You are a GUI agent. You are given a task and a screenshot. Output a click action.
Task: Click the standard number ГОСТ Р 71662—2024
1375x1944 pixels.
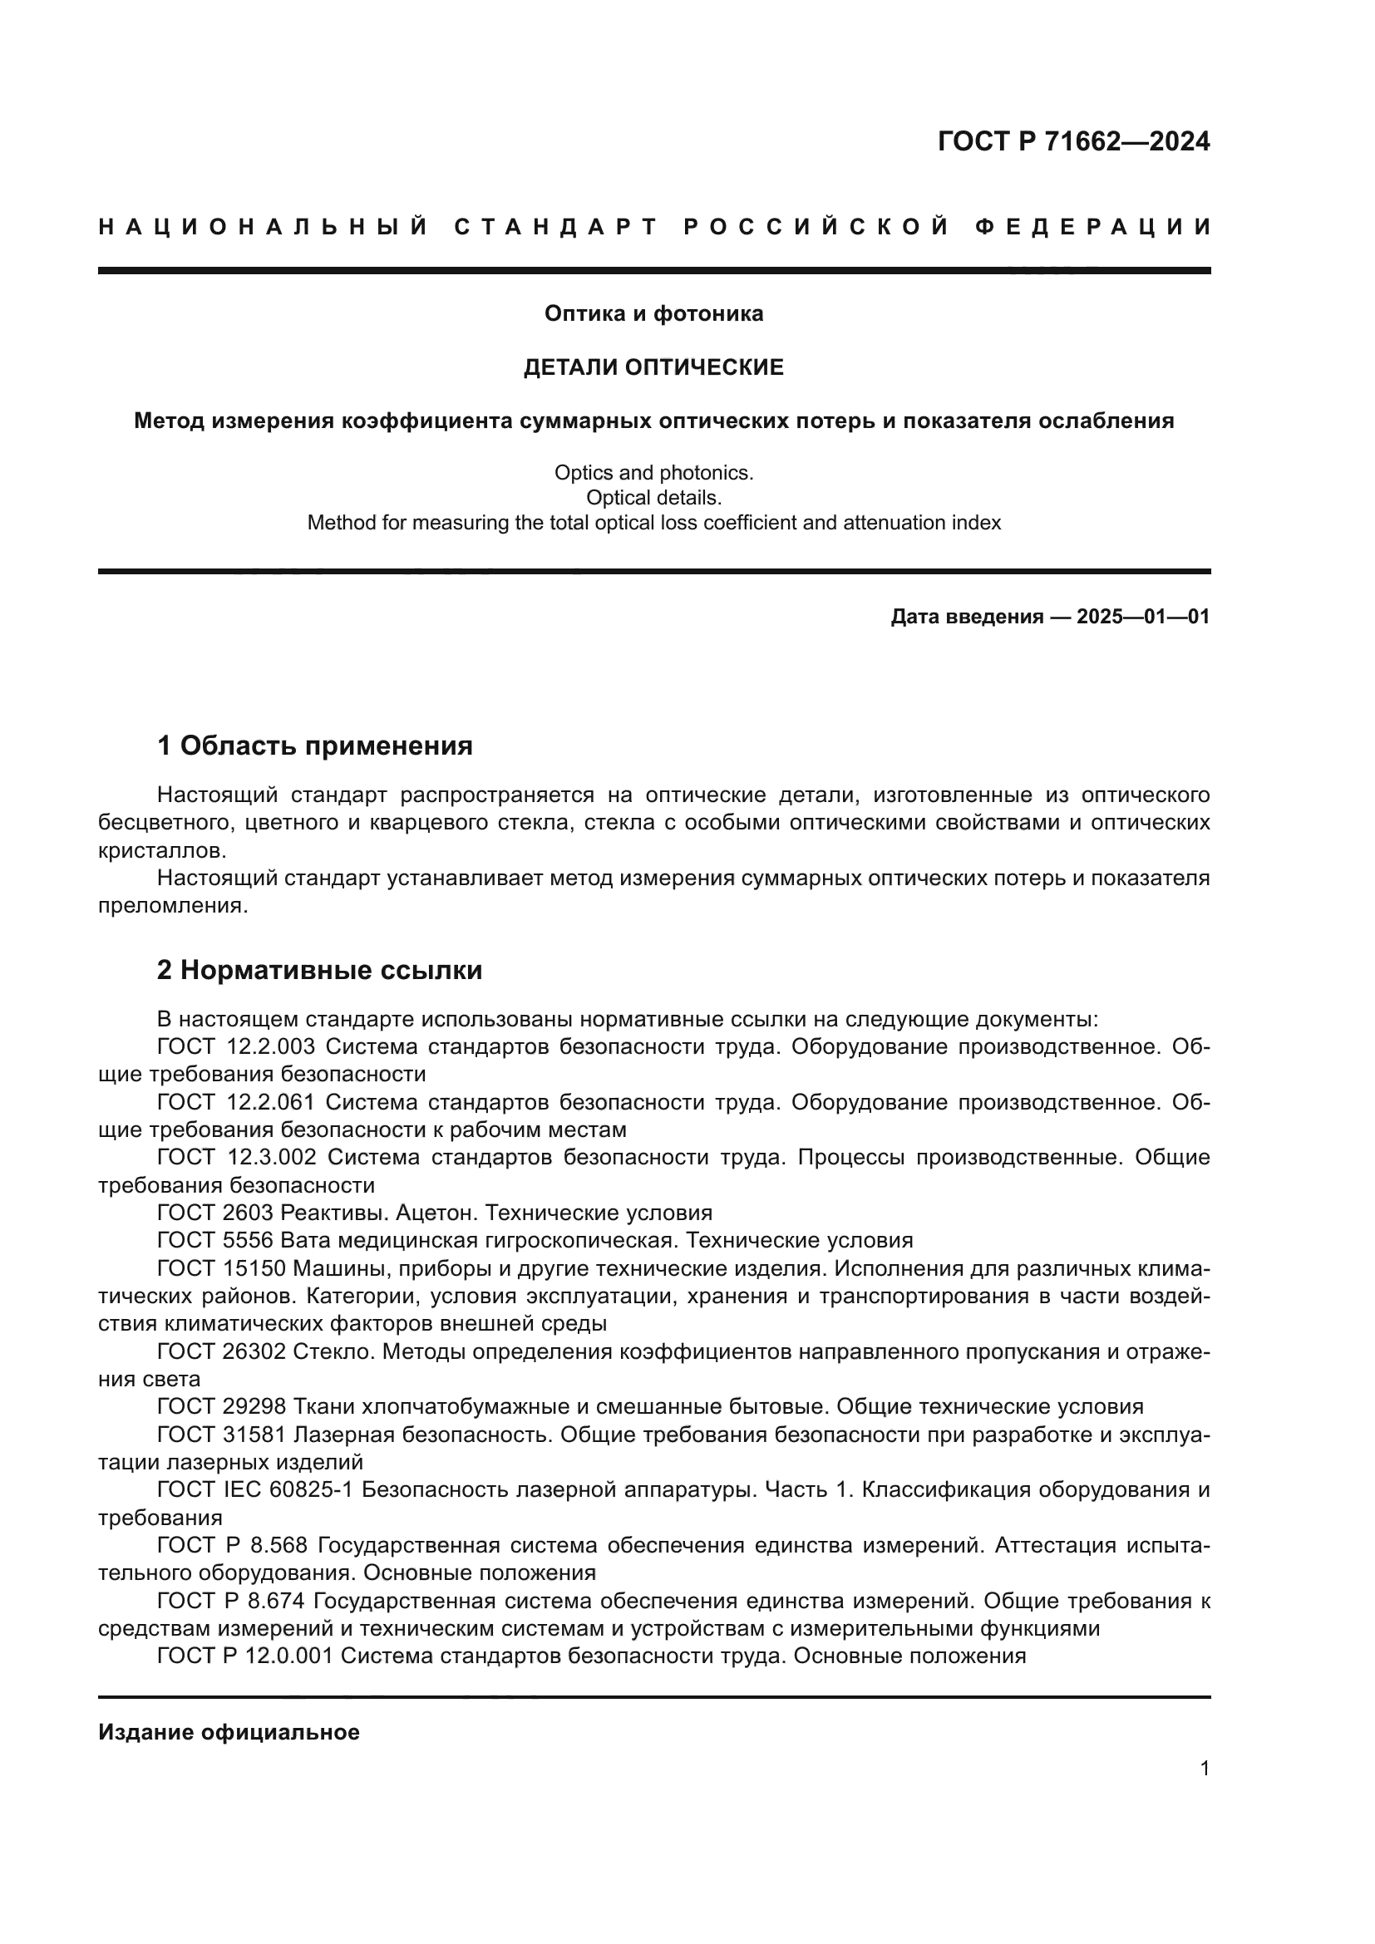coord(1073,141)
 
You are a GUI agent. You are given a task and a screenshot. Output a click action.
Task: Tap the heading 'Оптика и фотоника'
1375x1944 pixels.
coord(653,314)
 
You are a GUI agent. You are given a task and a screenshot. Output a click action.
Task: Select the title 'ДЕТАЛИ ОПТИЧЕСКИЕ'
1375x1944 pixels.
coord(653,367)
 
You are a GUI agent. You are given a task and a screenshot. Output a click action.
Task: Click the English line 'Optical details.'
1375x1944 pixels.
coord(653,498)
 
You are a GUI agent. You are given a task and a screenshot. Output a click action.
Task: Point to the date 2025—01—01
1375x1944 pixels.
coord(1143,617)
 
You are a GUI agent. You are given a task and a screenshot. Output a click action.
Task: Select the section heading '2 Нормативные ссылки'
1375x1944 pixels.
coord(319,970)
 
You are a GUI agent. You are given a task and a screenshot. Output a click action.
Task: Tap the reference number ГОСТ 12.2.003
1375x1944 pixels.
coord(236,1047)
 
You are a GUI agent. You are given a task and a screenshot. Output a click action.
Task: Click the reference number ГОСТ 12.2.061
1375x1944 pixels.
coord(236,1102)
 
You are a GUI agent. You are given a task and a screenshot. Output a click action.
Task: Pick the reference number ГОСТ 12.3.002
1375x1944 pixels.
coord(237,1158)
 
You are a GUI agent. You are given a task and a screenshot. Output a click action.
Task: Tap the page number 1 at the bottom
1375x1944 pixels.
coord(1205,1769)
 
